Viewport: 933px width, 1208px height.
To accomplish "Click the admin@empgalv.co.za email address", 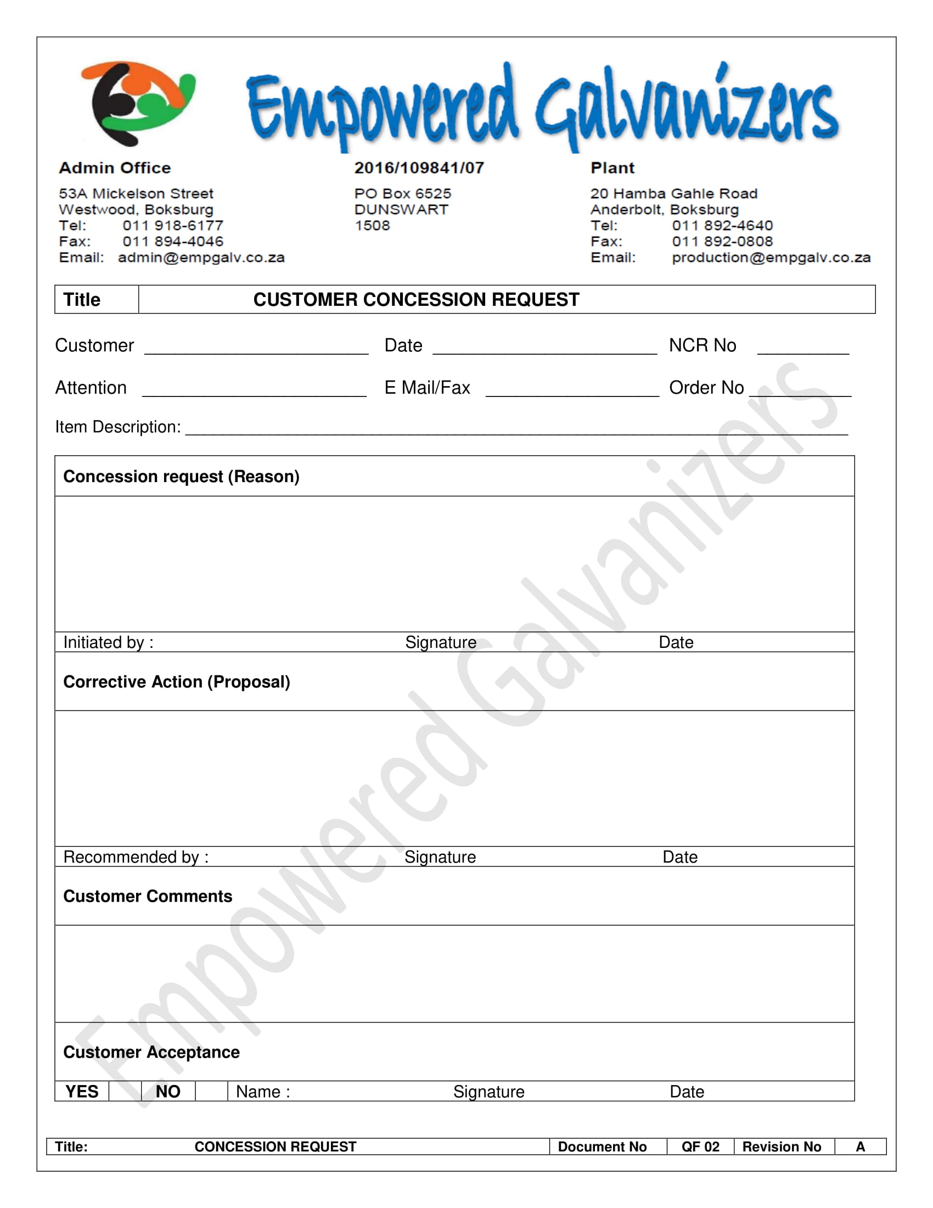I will (201, 258).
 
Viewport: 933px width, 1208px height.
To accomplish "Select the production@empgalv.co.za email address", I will (771, 258).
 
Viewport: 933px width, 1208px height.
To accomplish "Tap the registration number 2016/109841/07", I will (419, 168).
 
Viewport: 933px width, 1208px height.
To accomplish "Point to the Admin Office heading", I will (115, 168).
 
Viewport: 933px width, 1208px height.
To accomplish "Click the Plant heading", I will (612, 168).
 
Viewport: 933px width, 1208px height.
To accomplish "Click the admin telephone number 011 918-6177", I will (173, 226).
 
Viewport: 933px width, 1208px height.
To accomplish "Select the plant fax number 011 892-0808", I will (722, 242).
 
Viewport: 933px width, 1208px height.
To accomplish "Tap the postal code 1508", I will (373, 226).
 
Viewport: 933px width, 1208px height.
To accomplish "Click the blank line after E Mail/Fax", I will (572, 390).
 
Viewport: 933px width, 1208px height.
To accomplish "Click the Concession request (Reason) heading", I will (181, 477).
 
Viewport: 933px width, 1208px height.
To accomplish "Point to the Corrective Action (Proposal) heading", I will (177, 682).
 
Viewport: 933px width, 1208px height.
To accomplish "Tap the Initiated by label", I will (108, 643).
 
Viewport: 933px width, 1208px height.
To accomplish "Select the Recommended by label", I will (136, 857).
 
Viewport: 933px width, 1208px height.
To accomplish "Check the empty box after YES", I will (125, 1091).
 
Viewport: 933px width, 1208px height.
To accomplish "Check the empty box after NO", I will (211, 1091).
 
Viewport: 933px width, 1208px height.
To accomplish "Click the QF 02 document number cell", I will (700, 1147).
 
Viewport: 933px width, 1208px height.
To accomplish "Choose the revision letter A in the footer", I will (860, 1147).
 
